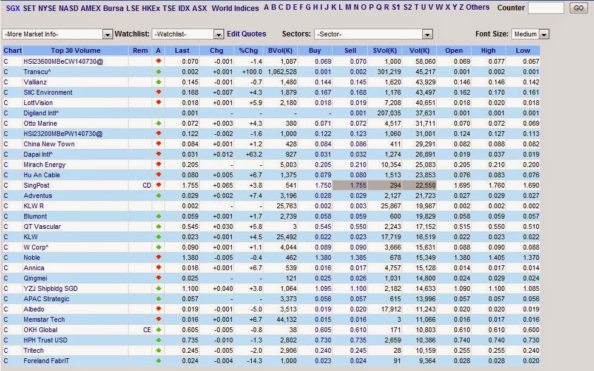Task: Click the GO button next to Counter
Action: point(578,7)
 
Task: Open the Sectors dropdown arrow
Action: point(427,34)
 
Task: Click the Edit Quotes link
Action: point(246,34)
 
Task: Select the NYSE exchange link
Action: point(47,8)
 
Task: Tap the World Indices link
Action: point(235,8)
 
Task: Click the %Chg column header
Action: point(248,50)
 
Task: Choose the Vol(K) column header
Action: point(419,50)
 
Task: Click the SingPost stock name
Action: point(36,185)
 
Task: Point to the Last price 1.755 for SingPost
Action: point(190,185)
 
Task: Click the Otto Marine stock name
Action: point(40,123)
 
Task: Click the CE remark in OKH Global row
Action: point(147,330)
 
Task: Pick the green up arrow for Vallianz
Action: point(158,81)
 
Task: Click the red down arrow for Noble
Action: point(158,257)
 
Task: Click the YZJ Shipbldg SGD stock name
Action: point(50,288)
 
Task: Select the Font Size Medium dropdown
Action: point(530,34)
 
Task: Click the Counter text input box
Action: point(546,8)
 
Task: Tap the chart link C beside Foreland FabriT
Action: point(5,361)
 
